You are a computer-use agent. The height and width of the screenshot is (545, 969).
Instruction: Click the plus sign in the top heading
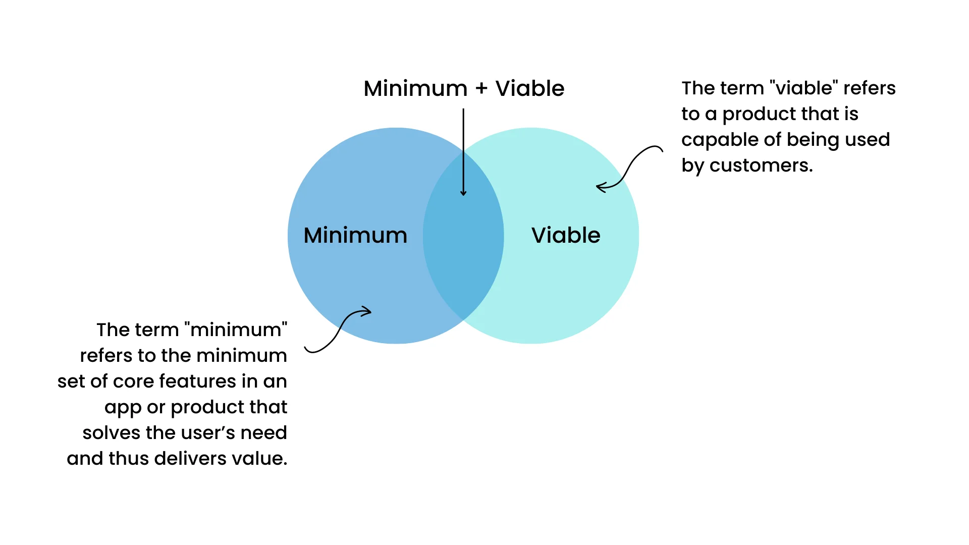[x=481, y=89]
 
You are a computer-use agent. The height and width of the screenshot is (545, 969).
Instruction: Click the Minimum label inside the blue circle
[x=355, y=235]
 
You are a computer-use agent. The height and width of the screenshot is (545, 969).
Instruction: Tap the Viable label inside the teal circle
[x=566, y=235]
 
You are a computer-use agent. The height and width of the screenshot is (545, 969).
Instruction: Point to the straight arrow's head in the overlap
[x=463, y=193]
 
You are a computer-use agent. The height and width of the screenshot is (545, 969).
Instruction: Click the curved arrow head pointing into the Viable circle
[x=599, y=187]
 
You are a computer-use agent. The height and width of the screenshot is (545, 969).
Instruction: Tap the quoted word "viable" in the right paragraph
[x=804, y=88]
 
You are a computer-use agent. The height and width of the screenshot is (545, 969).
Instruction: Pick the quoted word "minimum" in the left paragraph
[x=236, y=330]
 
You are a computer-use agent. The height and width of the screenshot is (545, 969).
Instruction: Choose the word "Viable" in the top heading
[x=530, y=89]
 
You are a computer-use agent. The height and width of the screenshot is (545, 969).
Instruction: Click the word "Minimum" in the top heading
[x=415, y=89]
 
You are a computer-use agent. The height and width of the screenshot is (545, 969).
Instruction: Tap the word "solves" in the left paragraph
[x=111, y=433]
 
